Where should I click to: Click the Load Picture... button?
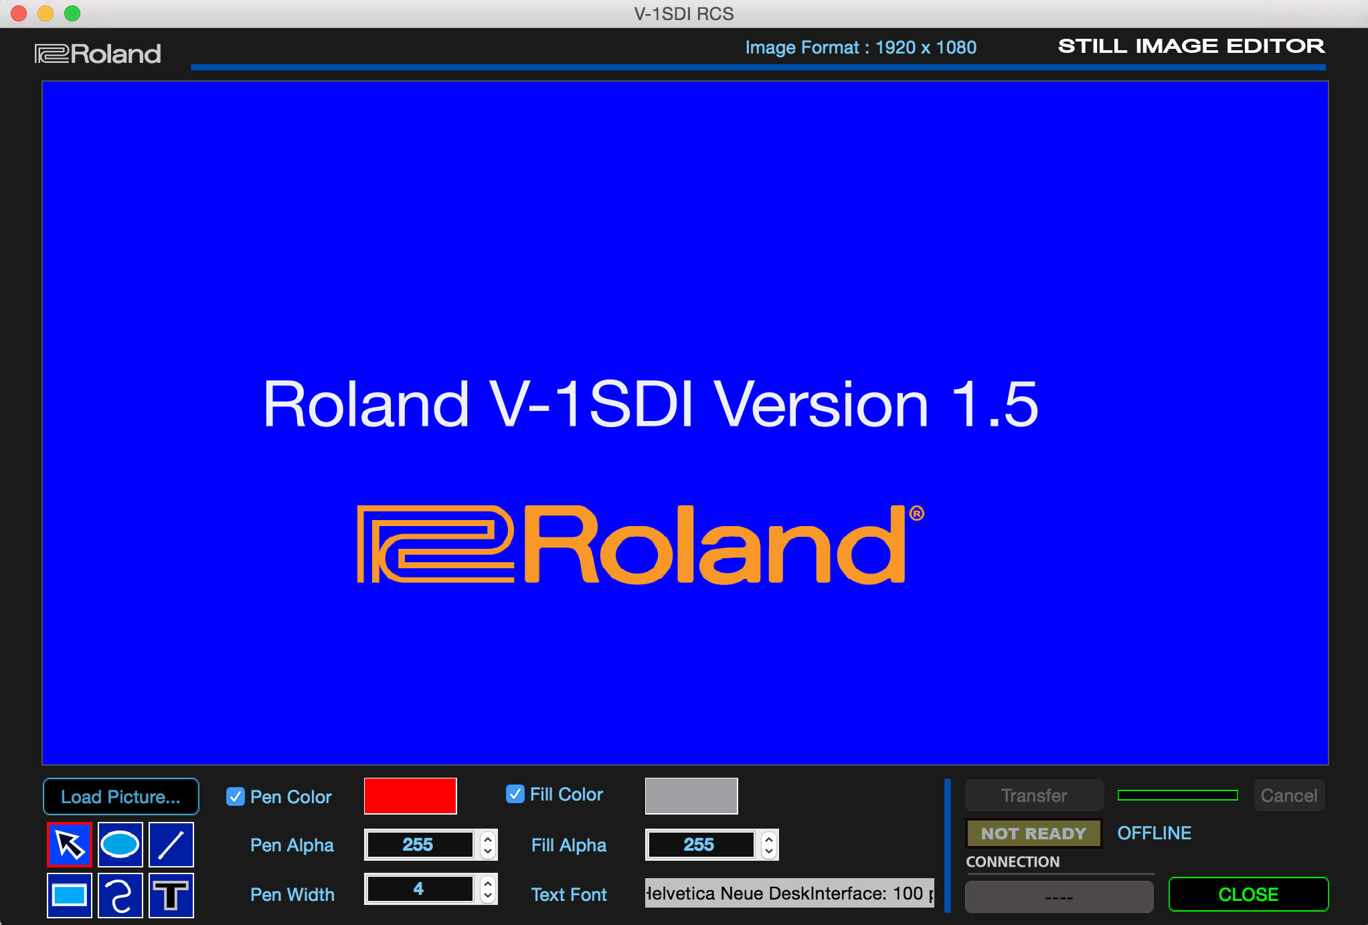pyautogui.click(x=121, y=796)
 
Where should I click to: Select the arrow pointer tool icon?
pyautogui.click(x=70, y=845)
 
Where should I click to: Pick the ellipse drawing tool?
pyautogui.click(x=120, y=845)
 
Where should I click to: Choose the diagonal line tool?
pyautogui.click(x=171, y=845)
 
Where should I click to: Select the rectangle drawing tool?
pyautogui.click(x=70, y=896)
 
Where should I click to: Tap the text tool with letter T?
pyautogui.click(x=171, y=896)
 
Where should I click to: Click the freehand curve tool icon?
pyautogui.click(x=120, y=896)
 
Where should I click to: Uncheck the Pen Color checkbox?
pyautogui.click(x=236, y=796)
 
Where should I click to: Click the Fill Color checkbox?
pyautogui.click(x=515, y=794)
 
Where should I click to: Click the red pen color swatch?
pyautogui.click(x=410, y=796)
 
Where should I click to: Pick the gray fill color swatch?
pyautogui.click(x=691, y=796)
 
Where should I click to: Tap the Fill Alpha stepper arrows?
pyautogui.click(x=770, y=845)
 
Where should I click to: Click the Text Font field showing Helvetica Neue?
pyautogui.click(x=789, y=894)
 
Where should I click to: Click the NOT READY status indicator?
pyautogui.click(x=1034, y=833)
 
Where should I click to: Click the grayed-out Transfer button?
pyautogui.click(x=1034, y=795)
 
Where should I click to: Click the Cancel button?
pyautogui.click(x=1289, y=795)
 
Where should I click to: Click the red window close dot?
pyautogui.click(x=19, y=13)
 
